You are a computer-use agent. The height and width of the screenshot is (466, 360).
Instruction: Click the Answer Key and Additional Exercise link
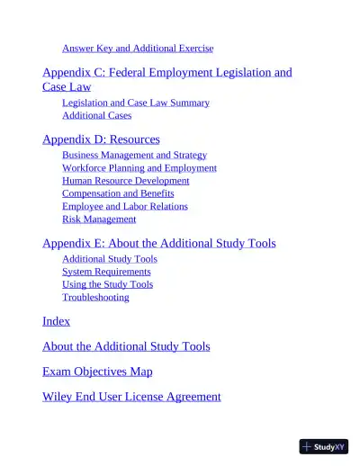click(137, 48)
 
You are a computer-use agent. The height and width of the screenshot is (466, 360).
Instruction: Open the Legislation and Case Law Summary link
click(135, 103)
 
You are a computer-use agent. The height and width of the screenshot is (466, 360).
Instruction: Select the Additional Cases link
click(96, 115)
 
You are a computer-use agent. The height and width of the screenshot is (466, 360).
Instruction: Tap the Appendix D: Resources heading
click(101, 139)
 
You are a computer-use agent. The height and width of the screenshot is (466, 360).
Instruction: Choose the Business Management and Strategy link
click(134, 155)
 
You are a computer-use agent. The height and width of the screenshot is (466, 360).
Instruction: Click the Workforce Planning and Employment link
click(139, 167)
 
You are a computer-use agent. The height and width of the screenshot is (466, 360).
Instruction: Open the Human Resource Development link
click(125, 180)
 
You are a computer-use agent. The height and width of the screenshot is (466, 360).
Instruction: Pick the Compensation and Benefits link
click(118, 193)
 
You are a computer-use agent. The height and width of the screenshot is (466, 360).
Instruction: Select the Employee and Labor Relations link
click(124, 206)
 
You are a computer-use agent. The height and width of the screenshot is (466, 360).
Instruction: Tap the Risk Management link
click(99, 219)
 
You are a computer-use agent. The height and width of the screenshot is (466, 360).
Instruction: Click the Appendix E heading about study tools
click(158, 243)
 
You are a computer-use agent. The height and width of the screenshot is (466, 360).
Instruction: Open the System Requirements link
click(106, 271)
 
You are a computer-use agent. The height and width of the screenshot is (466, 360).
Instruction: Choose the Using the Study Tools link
click(107, 284)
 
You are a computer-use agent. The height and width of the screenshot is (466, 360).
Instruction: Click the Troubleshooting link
click(95, 297)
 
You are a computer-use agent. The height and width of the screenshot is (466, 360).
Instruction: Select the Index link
click(56, 321)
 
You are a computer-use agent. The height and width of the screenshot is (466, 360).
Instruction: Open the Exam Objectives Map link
click(97, 372)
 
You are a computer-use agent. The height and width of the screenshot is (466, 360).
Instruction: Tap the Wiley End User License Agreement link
click(131, 397)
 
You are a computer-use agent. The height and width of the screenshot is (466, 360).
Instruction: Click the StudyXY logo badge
click(323, 446)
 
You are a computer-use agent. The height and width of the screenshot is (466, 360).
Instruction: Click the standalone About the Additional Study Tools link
click(126, 346)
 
